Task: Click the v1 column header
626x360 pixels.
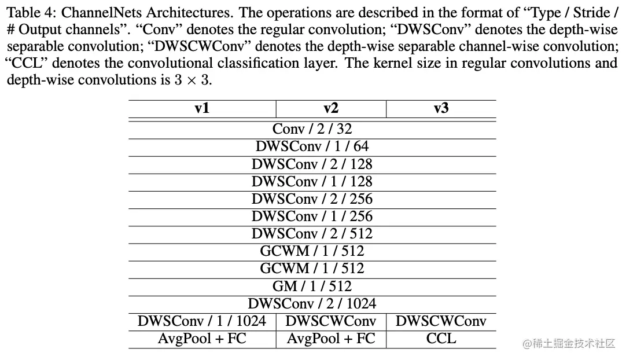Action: [202, 108]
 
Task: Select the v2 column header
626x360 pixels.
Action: [330, 108]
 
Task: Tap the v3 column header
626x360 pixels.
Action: [441, 108]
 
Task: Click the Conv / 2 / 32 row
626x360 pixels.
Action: [312, 129]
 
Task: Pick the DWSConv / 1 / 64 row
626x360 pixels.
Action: [312, 146]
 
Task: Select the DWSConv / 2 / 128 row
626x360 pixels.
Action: [312, 164]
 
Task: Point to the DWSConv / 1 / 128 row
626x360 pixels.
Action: [312, 181]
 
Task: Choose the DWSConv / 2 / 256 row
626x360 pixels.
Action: [312, 199]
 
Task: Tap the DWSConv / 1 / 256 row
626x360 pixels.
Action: [312, 216]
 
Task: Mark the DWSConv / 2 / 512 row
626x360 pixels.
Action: [312, 234]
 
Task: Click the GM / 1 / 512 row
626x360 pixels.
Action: [312, 286]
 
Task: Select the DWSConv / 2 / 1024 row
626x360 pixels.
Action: [312, 303]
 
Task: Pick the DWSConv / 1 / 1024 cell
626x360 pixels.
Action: [202, 321]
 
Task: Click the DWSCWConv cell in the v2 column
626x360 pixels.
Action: [330, 321]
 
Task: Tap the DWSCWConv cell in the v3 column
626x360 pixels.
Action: [441, 321]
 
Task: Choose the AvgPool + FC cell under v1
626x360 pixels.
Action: [202, 339]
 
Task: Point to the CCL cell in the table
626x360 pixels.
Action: [441, 339]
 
